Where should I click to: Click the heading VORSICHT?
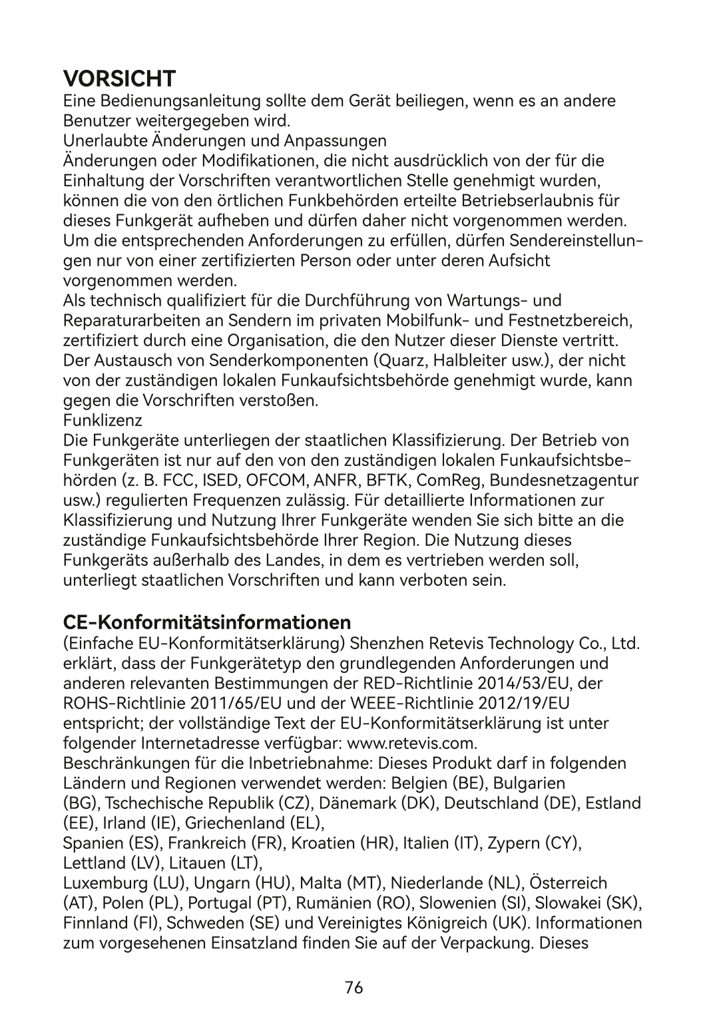(119, 79)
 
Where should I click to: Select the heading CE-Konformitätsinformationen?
(207, 623)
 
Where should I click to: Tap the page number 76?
(353, 988)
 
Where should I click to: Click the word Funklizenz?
(103, 421)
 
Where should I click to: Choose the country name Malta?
(320, 884)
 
